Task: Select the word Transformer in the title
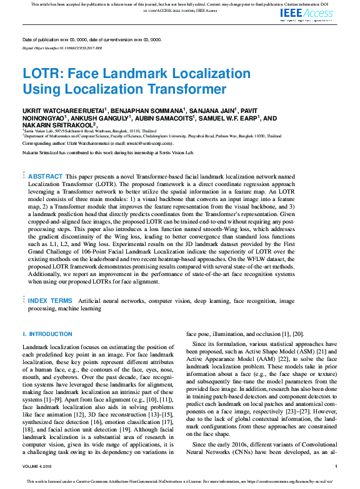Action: pos(185,89)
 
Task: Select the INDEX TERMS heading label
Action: pos(50,301)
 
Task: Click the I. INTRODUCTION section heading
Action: pos(47,335)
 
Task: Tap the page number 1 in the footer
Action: pos(336,467)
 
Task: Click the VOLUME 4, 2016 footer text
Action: pos(39,467)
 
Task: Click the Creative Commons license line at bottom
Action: pos(180,482)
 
